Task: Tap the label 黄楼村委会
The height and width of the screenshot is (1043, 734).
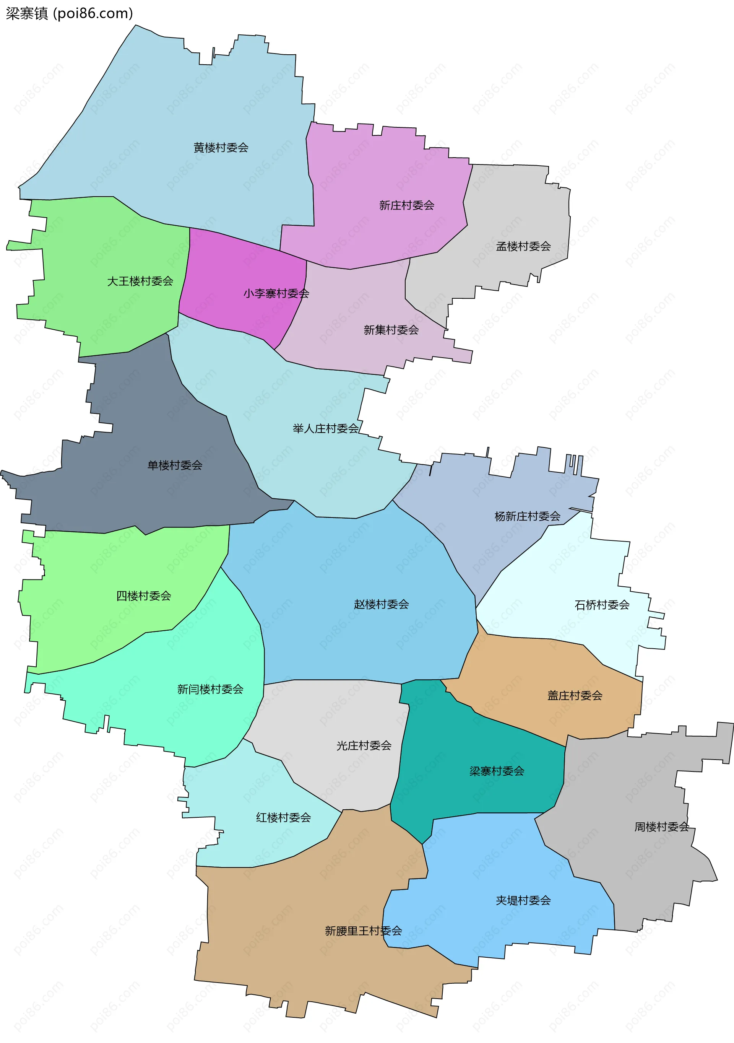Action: tap(221, 148)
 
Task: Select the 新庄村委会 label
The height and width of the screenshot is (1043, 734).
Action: tap(406, 205)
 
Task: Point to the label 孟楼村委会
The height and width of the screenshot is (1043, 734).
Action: tap(523, 246)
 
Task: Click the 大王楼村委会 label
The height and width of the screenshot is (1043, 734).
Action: tap(140, 281)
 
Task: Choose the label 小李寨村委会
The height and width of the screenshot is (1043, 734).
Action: tap(276, 293)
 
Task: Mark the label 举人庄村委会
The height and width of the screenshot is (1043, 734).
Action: tap(325, 428)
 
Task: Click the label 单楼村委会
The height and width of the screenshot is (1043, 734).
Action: tap(175, 465)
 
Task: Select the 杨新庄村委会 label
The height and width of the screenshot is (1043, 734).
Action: tap(527, 516)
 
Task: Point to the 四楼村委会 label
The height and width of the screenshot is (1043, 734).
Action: tap(143, 596)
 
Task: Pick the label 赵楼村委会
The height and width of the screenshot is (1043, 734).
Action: tap(381, 604)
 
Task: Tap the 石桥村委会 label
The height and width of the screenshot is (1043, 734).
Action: tap(602, 605)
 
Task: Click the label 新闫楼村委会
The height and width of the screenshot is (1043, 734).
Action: tap(210, 689)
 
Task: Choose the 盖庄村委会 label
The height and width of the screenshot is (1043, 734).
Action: tap(575, 695)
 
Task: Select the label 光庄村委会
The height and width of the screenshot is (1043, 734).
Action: tap(364, 745)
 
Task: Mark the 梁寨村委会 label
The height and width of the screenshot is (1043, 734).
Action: tap(497, 771)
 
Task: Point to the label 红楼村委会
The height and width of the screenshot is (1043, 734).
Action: tap(283, 817)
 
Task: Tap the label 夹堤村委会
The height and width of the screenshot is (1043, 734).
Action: tap(523, 900)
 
